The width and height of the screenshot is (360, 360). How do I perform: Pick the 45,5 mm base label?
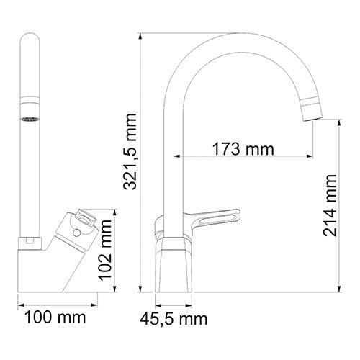click(x=175, y=317)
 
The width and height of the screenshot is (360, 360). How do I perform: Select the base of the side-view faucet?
click(x=174, y=266)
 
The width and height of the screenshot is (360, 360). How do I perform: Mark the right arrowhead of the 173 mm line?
click(x=312, y=156)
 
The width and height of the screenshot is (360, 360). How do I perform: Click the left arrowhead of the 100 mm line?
click(x=19, y=303)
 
